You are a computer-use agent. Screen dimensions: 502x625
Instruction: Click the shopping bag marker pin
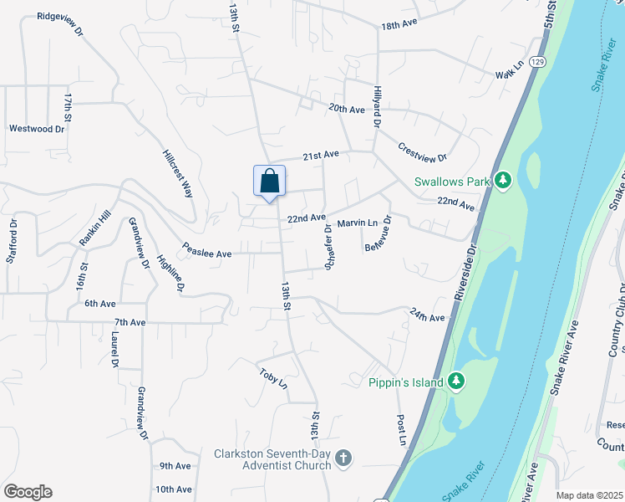click(x=269, y=182)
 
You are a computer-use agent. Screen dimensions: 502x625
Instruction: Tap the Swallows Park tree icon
click(x=502, y=181)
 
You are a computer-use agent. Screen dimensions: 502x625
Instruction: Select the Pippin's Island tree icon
click(x=455, y=382)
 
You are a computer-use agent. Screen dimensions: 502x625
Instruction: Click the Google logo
click(x=27, y=492)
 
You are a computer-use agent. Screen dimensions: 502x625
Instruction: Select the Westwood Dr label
click(x=37, y=129)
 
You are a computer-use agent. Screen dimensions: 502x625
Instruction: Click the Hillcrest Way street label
click(x=177, y=171)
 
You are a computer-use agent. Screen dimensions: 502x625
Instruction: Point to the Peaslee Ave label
click(x=207, y=253)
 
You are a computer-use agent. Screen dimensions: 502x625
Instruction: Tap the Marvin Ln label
click(x=358, y=223)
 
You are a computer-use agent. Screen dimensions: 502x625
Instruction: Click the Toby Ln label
click(x=273, y=379)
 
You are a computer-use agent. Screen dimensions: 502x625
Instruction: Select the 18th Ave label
click(x=399, y=26)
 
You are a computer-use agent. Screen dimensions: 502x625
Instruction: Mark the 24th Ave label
click(x=427, y=316)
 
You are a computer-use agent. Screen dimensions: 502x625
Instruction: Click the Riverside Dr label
click(x=465, y=274)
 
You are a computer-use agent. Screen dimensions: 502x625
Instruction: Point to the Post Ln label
click(x=402, y=429)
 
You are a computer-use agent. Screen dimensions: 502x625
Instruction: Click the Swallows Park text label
click(x=451, y=182)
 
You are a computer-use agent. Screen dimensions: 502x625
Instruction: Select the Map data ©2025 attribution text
click(x=588, y=495)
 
